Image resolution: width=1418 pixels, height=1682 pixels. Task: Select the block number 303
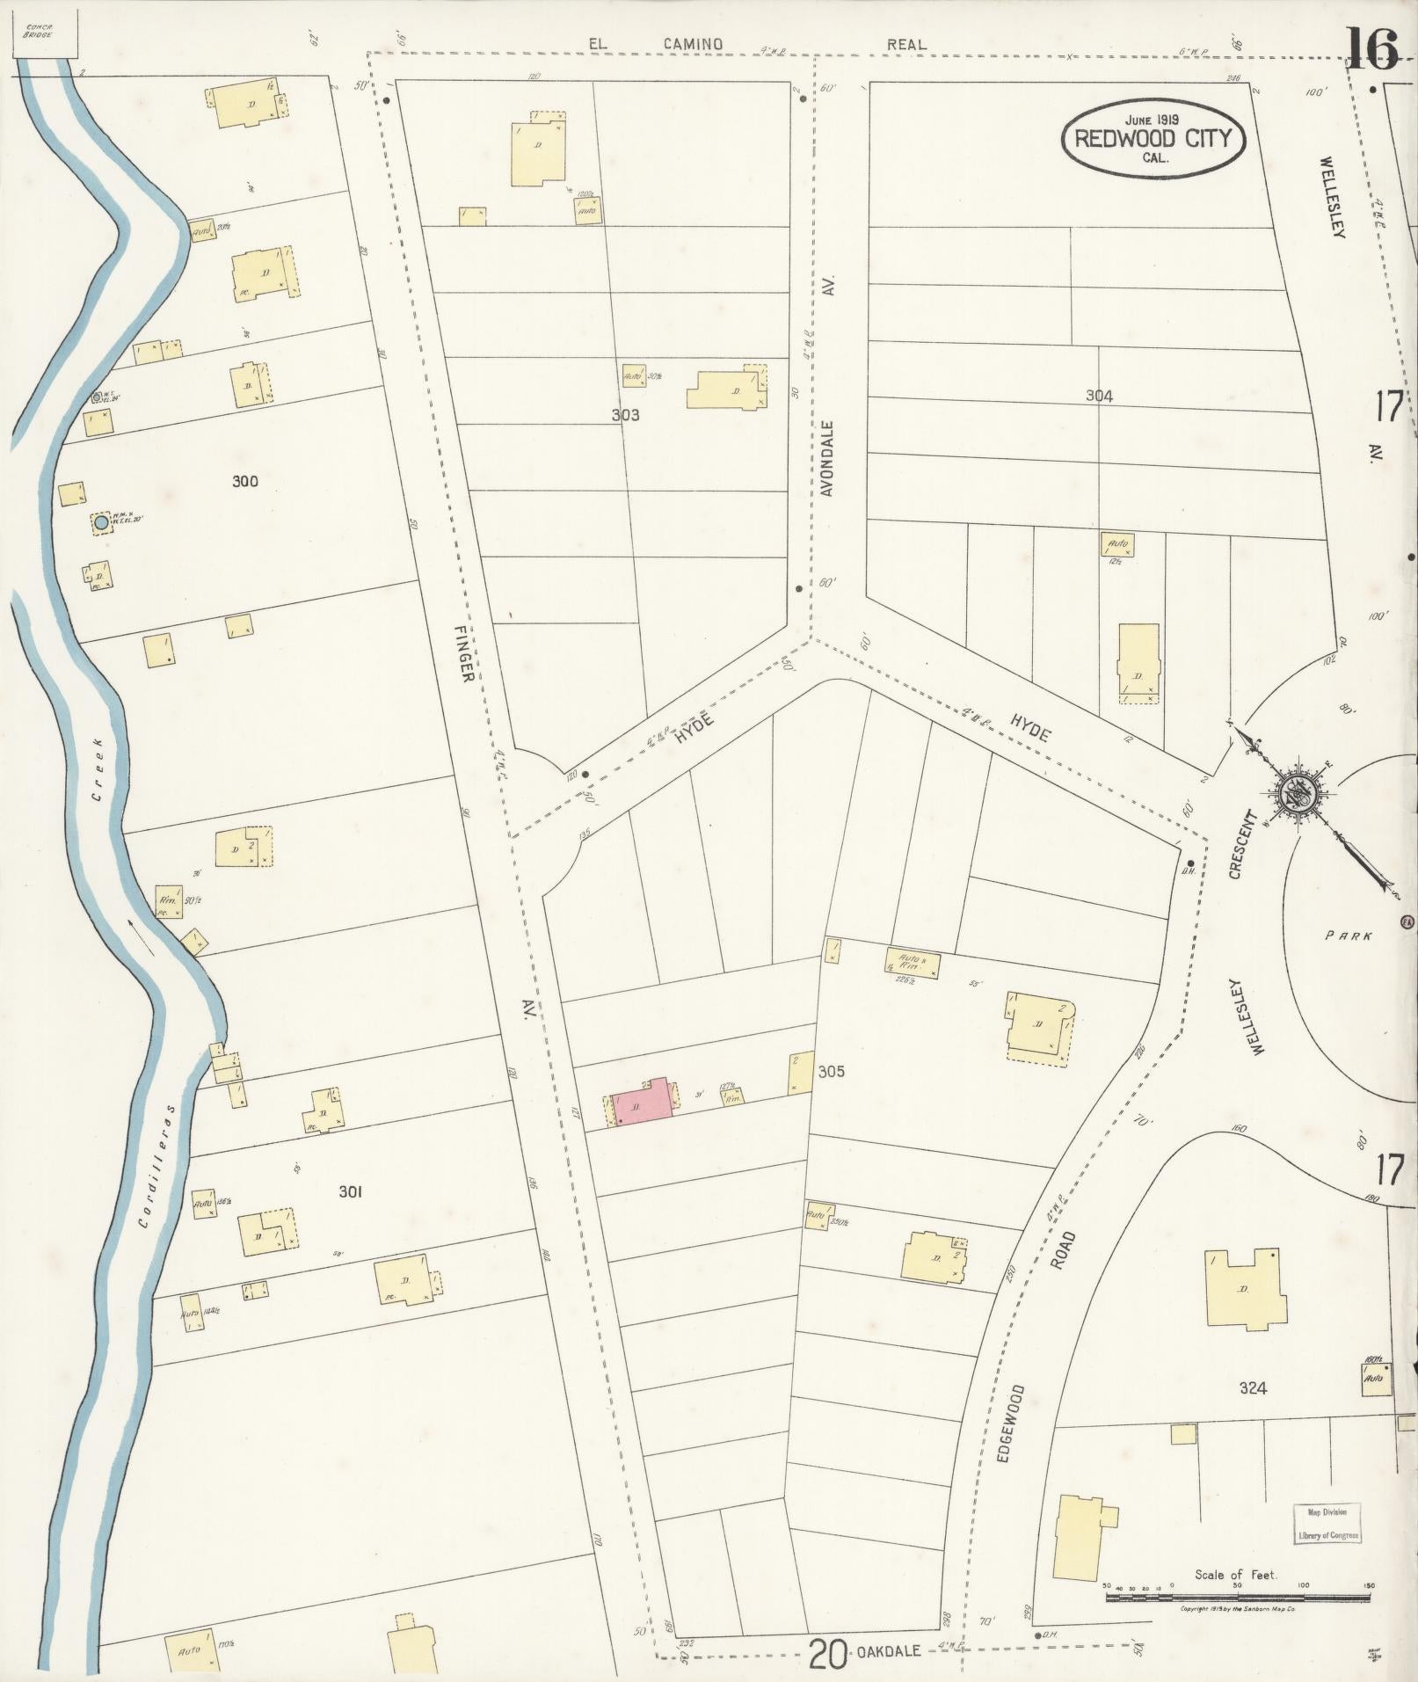[625, 415]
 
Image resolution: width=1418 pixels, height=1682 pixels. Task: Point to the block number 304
[1099, 396]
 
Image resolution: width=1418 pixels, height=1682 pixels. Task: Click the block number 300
[245, 481]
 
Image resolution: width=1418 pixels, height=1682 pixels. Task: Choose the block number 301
[351, 1192]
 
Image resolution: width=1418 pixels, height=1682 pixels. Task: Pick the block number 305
[831, 1072]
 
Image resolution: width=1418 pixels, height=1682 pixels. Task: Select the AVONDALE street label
[826, 458]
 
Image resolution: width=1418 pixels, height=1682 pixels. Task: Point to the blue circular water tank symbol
[101, 523]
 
